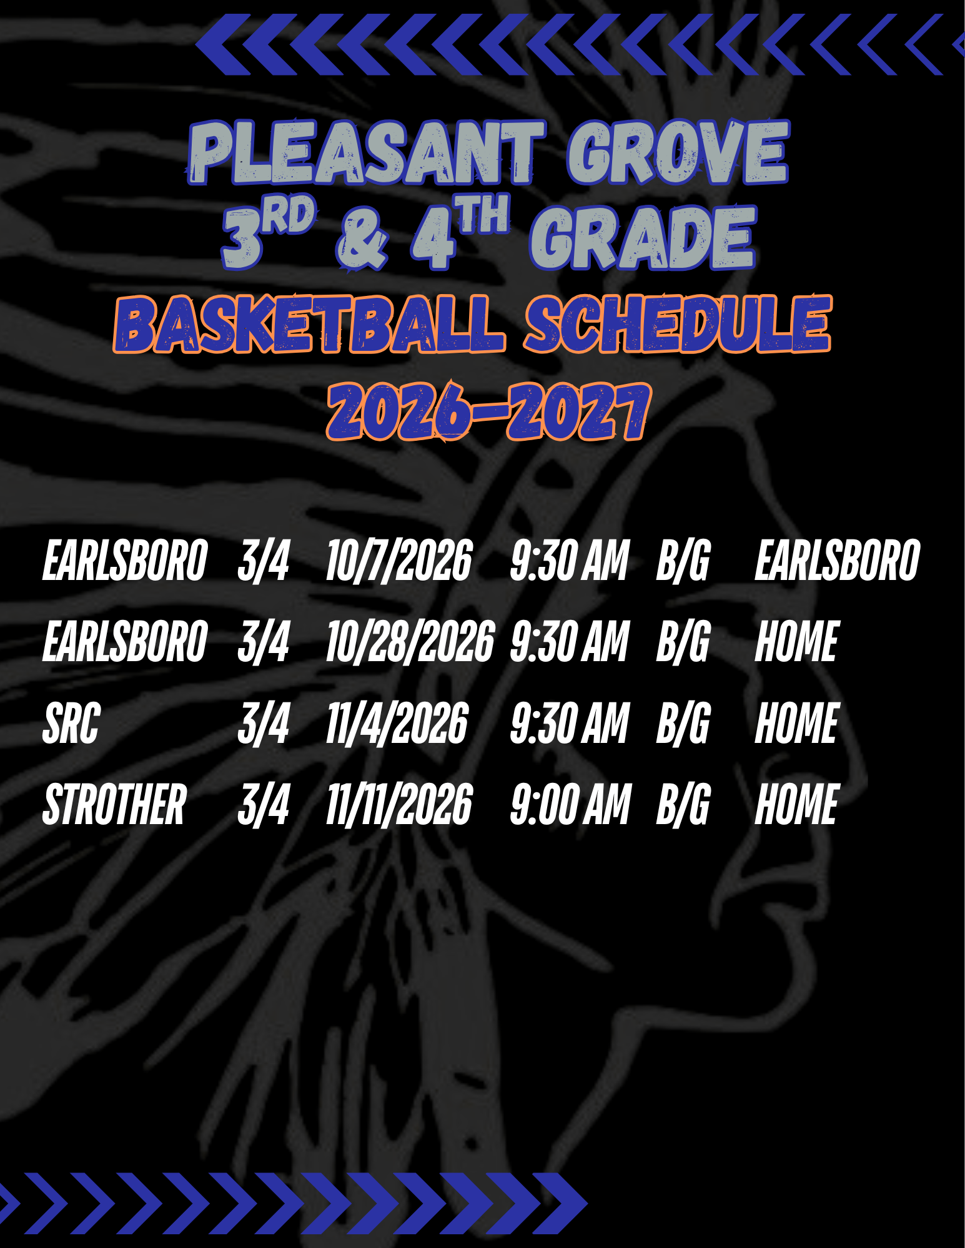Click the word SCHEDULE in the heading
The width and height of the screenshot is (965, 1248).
tap(678, 323)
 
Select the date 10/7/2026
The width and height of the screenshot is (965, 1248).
tap(399, 560)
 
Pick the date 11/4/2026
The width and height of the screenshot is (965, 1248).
tap(397, 723)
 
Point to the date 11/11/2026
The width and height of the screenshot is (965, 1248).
tap(399, 804)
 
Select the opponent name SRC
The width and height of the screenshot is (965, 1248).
tap(71, 723)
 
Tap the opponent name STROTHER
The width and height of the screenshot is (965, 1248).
tap(115, 804)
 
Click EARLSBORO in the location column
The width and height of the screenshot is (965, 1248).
tap(838, 560)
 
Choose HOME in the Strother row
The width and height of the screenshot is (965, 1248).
tap(796, 804)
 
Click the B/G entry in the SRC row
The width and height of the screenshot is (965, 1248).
tap(683, 723)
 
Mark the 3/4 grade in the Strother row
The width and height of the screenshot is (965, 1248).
tap(264, 804)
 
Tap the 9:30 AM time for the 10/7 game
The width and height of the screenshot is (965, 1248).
tap(570, 560)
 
